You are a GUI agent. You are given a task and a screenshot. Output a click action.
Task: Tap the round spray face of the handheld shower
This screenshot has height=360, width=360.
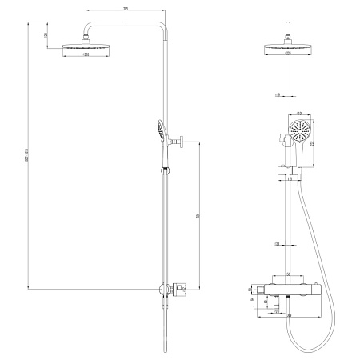[x=299, y=131]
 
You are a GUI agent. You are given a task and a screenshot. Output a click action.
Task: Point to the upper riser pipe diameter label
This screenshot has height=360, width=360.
[x=276, y=95]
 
